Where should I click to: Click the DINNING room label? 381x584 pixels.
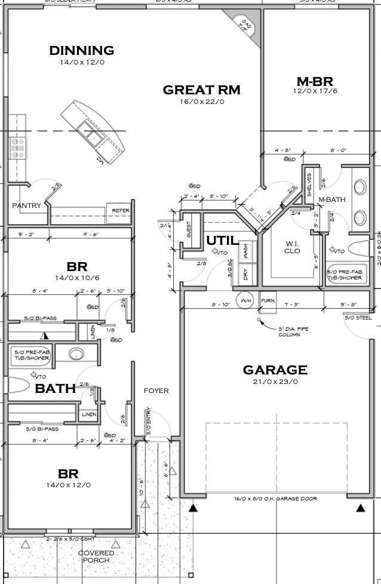point(81,51)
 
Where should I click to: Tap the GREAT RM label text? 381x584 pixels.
point(201,90)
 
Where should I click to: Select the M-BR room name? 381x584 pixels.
point(315,81)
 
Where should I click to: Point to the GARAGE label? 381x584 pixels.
point(275,370)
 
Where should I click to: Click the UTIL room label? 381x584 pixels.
point(219,240)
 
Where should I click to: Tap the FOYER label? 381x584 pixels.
point(156,391)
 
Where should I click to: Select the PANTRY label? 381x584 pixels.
point(27,206)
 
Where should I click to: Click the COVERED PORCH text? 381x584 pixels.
point(96,557)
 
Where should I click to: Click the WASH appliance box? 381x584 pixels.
point(246,251)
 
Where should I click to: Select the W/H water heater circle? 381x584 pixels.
point(246,300)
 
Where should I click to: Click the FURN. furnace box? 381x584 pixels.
point(268,301)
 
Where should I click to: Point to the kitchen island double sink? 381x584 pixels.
point(93,137)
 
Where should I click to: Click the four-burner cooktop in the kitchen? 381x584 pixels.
point(17,147)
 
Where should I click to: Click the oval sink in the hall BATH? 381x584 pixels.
point(76,354)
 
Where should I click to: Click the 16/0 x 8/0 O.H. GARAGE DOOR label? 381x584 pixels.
point(275,499)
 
